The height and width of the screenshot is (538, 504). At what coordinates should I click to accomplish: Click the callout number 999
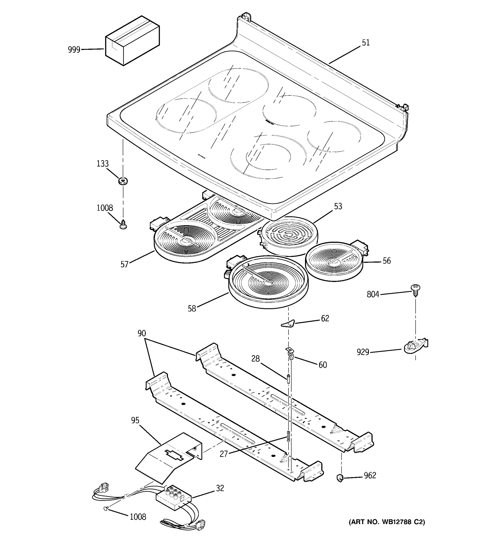74,50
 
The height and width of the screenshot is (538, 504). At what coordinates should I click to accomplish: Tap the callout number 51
366,43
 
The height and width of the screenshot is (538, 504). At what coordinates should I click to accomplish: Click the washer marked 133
123,180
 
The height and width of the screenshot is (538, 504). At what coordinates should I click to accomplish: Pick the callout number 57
124,264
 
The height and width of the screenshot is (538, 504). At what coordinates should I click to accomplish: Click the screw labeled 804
415,289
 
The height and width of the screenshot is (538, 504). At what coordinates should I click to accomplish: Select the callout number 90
142,333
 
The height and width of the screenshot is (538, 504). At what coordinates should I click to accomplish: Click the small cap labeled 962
340,478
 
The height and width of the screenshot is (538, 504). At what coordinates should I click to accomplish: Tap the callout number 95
135,420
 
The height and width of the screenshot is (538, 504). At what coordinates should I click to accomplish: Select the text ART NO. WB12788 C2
387,522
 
